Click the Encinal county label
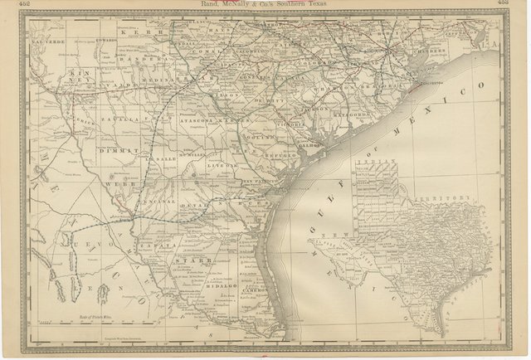pos(158,201)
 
